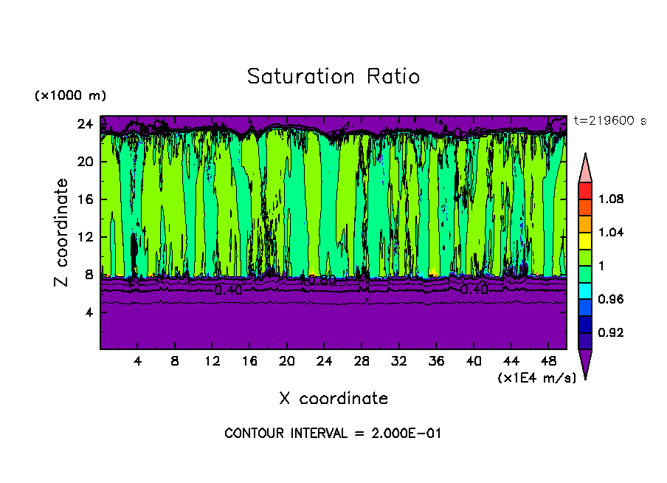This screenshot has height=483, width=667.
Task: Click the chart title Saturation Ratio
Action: pos(333,77)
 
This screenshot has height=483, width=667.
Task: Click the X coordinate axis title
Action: pos(333,399)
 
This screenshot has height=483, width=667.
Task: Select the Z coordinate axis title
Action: pos(62,233)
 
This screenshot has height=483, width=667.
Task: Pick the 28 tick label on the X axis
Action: pos(362,362)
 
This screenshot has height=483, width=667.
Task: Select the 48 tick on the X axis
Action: pos(548,362)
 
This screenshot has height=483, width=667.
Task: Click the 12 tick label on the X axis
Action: pos(212,362)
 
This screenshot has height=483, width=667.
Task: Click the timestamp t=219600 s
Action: pos(609,121)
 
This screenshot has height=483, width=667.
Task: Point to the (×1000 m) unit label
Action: pos(70,96)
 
